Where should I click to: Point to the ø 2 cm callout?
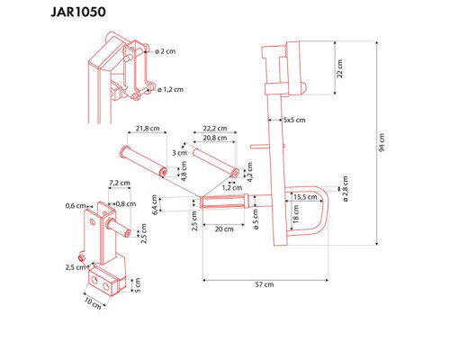click(166, 51)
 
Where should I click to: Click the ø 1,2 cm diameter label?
click(170, 89)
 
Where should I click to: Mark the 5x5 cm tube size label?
click(292, 119)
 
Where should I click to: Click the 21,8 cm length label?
click(148, 129)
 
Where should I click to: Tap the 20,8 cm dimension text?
click(213, 138)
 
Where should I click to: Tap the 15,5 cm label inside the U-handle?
click(302, 196)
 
